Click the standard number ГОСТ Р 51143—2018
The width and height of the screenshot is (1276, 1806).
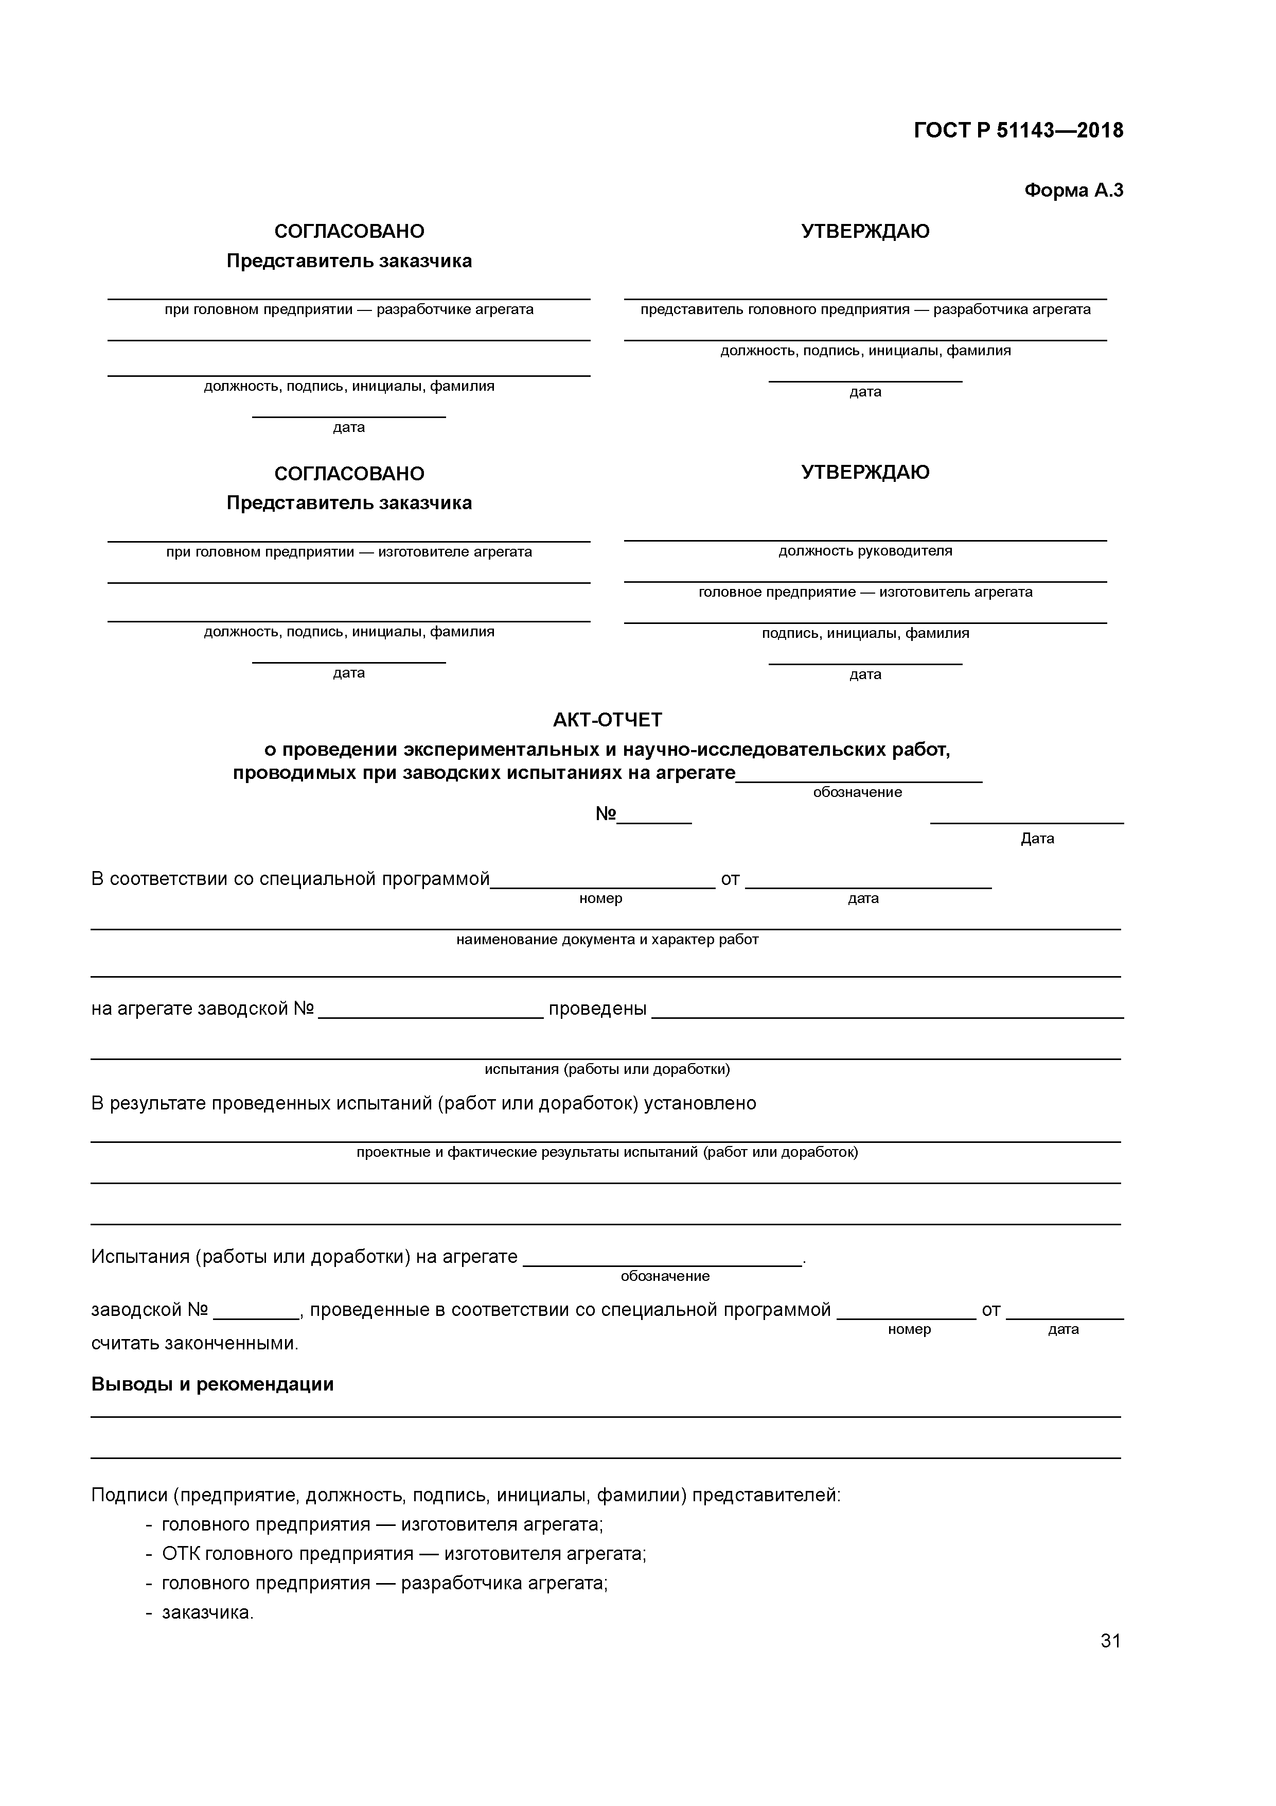[1018, 131]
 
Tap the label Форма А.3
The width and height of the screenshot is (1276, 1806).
[1073, 190]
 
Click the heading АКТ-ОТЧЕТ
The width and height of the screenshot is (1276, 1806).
[607, 720]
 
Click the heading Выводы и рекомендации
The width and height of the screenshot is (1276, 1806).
[212, 1384]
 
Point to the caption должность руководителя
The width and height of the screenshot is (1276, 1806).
[865, 551]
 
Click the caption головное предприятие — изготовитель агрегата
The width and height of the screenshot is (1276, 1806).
[865, 592]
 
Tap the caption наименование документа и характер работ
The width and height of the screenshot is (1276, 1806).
[607, 939]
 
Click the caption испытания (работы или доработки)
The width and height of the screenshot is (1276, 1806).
[607, 1069]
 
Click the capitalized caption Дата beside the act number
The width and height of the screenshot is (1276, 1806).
[1037, 839]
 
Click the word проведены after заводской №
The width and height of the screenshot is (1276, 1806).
[597, 1009]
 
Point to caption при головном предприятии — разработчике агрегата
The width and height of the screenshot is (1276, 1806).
[349, 309]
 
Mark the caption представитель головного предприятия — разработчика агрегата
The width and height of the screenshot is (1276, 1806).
[865, 309]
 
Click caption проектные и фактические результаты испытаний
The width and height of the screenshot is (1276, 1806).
[607, 1152]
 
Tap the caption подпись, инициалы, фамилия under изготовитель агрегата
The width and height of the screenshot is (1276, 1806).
[865, 633]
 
